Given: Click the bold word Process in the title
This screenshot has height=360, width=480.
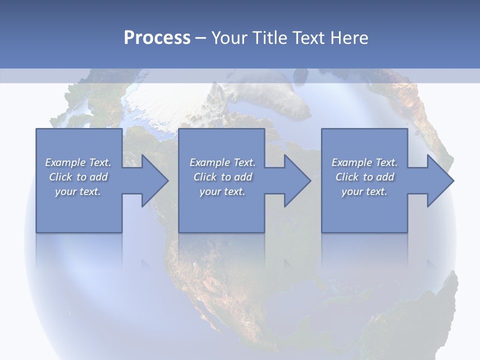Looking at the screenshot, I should [157, 37].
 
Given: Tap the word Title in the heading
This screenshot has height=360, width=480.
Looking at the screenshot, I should [267, 37].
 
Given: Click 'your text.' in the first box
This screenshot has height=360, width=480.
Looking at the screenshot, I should [78, 191].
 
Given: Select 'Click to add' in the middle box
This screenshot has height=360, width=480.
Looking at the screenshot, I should [222, 176].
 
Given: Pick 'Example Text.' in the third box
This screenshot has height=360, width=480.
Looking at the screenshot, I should [364, 162].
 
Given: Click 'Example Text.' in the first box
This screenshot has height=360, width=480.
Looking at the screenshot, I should [78, 162].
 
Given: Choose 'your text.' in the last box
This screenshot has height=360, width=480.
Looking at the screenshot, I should [364, 191].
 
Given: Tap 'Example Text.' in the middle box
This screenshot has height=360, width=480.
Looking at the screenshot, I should [222, 162].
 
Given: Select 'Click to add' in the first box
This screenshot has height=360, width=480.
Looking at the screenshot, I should [78, 176].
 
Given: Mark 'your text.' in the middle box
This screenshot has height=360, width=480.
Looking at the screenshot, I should [222, 191].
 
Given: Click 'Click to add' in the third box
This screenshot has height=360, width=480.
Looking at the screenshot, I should [364, 176].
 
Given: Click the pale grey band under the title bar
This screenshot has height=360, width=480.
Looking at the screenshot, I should [240, 75].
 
